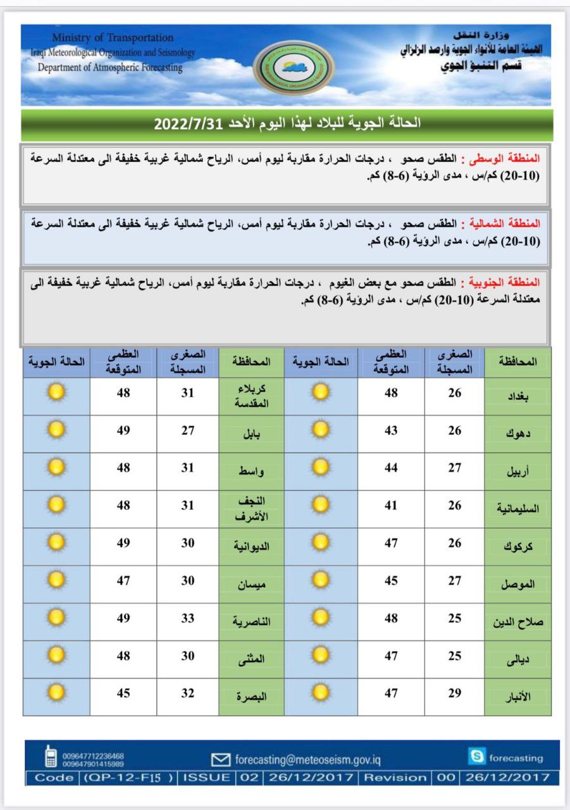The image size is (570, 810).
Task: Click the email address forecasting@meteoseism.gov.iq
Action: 307,759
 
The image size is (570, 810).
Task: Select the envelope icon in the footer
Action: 221,759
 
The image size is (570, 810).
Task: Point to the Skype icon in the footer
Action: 476,756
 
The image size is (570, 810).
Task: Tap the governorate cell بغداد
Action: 518,397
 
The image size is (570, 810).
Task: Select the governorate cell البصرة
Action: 252,697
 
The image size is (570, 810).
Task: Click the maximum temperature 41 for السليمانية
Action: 392,506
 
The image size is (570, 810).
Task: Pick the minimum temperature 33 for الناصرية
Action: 188,618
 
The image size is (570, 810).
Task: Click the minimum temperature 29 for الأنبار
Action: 455,694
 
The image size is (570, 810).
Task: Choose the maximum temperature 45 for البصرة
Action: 123,694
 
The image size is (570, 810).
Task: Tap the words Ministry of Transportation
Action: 113,38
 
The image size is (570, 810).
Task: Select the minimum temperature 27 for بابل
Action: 188,431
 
